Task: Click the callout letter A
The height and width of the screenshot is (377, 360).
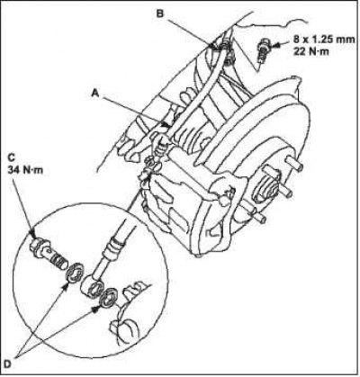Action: (x=95, y=94)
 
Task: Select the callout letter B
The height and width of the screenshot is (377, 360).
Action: (x=160, y=13)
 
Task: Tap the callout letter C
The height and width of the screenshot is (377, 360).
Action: (x=12, y=157)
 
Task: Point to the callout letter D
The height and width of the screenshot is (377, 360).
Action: (x=8, y=364)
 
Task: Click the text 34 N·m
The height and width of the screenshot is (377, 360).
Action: (x=25, y=170)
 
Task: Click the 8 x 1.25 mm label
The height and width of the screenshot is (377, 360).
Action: (x=324, y=40)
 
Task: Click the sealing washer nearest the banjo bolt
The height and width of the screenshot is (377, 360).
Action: (x=75, y=272)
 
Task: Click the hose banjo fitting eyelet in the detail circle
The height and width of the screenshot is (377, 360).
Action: (x=93, y=287)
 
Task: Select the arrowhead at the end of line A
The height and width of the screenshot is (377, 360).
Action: (x=165, y=123)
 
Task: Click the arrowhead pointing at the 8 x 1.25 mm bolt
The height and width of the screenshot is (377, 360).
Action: (x=275, y=46)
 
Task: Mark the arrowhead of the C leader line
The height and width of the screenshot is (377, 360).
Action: (x=32, y=233)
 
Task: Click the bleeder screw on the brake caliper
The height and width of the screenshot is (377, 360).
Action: (x=224, y=199)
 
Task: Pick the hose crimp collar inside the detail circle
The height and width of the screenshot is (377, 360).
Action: (x=115, y=242)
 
